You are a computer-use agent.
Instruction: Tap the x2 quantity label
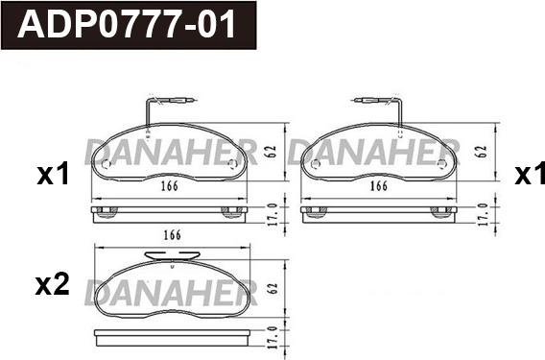53,285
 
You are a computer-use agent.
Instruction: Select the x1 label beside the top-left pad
53,175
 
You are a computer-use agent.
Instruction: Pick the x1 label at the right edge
530,175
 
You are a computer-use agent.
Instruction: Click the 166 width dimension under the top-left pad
170,186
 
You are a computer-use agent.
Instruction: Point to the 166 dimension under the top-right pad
378,186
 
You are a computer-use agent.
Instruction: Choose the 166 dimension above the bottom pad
173,235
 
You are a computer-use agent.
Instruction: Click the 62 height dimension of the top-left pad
272,152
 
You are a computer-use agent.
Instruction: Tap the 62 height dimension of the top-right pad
482,152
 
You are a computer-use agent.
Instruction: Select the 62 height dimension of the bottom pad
273,288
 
